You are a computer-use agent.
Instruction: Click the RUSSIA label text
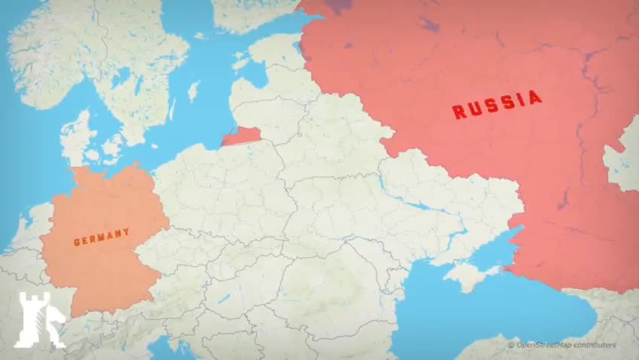coord(497,105)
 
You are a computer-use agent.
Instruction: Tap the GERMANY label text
coord(102,238)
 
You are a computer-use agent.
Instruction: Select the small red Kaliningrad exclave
coord(239,136)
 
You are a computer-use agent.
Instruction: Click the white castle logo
coord(38,320)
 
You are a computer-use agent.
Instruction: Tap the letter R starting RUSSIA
coord(457,112)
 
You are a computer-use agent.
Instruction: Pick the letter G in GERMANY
coord(77,243)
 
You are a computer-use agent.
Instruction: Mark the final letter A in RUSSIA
coord(535,97)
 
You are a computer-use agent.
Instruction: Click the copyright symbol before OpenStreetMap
coord(511,345)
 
